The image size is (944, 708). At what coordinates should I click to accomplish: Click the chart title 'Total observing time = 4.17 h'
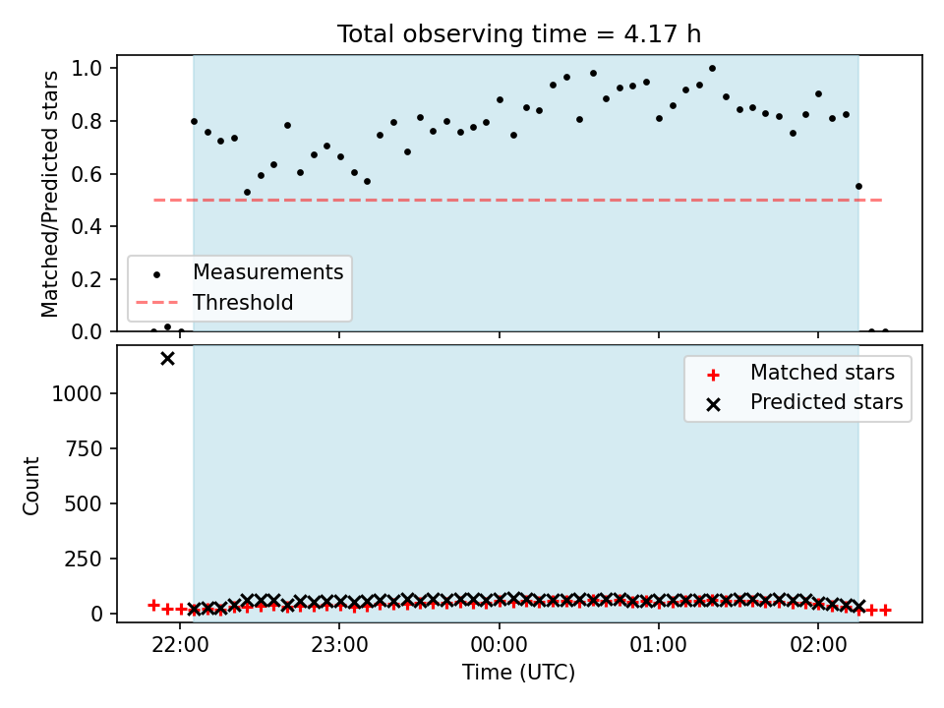(519, 33)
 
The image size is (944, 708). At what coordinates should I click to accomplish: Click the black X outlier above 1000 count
(167, 359)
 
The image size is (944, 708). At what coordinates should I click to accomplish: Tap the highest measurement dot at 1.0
(712, 69)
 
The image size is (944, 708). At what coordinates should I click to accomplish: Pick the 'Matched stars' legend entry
(799, 374)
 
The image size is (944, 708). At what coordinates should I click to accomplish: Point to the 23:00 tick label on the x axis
(339, 645)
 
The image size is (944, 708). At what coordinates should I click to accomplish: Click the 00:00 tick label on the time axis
(500, 645)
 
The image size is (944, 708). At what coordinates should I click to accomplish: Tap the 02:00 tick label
(818, 645)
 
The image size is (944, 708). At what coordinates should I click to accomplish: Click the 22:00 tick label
(181, 645)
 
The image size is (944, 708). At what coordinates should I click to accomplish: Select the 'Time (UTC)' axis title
(519, 672)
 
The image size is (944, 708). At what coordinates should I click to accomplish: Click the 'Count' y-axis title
(30, 486)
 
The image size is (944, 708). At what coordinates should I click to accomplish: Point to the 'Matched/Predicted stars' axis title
(49, 194)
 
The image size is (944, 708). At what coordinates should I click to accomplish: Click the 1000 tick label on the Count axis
(78, 393)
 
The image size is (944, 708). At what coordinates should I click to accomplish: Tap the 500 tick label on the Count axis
(85, 503)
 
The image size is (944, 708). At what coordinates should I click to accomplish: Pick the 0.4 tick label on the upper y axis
(87, 227)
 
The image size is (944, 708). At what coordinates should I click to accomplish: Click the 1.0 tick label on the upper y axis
(87, 69)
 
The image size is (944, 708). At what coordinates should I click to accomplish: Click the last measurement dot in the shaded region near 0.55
(858, 187)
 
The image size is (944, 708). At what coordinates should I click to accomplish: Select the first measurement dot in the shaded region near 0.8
(194, 122)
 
